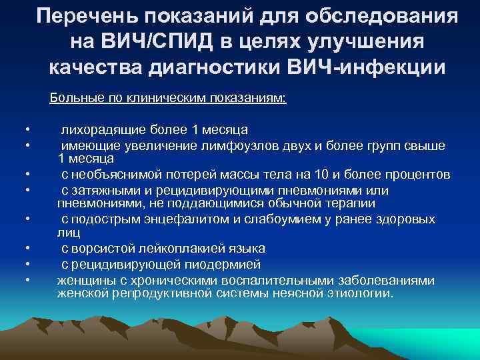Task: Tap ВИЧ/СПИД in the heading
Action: pyautogui.click(x=155, y=42)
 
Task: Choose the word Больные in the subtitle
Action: pyautogui.click(x=72, y=99)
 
